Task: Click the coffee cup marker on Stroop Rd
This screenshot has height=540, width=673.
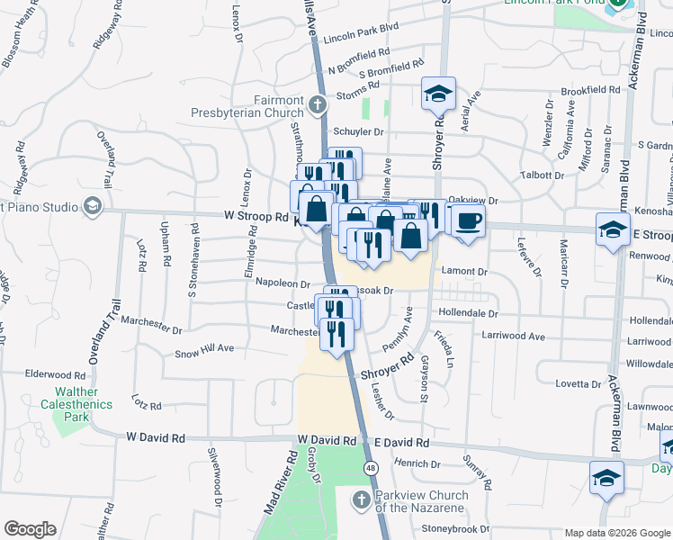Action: click(467, 220)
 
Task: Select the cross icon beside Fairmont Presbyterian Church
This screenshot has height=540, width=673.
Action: click(316, 106)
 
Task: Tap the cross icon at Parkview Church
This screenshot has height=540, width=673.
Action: click(360, 499)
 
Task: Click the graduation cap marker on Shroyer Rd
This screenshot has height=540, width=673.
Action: click(438, 94)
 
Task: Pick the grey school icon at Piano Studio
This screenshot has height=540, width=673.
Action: click(92, 207)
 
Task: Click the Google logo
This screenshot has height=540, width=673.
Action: click(30, 529)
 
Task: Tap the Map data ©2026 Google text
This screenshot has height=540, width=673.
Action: click(617, 533)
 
